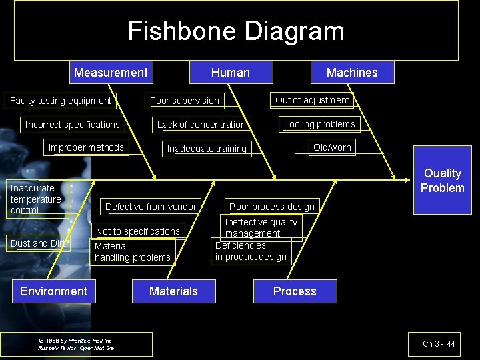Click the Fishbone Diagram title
tap(236, 31)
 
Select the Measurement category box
tap(111, 73)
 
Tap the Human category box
tap(231, 73)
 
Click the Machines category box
tap(352, 73)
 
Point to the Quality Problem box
tap(443, 181)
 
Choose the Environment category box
tap(53, 291)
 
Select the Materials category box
tap(173, 291)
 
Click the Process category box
tap(295, 291)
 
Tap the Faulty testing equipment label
tap(61, 101)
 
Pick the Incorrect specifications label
tap(73, 125)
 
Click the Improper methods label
tap(86, 147)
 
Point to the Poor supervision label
tap(185, 101)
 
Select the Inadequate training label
tap(207, 149)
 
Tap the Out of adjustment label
tap(312, 100)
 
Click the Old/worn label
tap(332, 147)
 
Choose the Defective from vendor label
tap(151, 207)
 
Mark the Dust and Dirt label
tap(39, 243)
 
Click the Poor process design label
tap(272, 207)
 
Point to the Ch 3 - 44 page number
tap(439, 344)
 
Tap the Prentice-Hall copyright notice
tap(76, 344)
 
